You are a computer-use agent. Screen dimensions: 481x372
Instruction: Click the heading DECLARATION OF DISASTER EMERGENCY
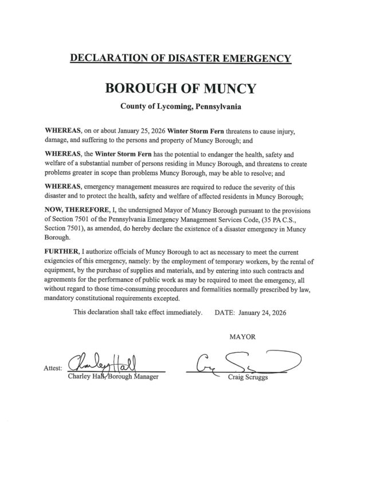click(180, 58)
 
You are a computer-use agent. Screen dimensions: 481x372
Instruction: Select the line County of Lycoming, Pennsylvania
click(180, 107)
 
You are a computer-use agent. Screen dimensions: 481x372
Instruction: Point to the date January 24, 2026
click(263, 313)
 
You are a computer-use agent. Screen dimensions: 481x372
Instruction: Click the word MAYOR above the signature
click(242, 337)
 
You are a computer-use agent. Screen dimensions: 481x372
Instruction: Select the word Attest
click(53, 368)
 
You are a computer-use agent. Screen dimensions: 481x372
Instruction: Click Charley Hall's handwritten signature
click(104, 362)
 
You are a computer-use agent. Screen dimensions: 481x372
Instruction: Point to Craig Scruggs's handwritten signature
click(244, 361)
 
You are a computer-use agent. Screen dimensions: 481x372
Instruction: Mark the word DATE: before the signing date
click(225, 313)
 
